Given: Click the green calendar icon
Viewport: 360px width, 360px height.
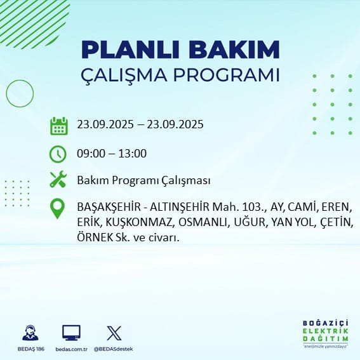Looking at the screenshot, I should click(x=58, y=126).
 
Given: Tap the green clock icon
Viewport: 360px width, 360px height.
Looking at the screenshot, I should click(x=58, y=154).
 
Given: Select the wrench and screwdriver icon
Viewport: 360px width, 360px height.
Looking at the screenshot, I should click(x=58, y=180).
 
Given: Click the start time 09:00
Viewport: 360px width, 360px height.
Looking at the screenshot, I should click(x=90, y=154).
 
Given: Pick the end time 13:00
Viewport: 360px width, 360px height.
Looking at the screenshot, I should click(x=133, y=154).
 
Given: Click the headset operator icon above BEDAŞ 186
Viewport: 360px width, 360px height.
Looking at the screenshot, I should click(x=30, y=333).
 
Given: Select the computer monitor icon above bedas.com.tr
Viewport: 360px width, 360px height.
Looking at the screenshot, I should click(x=71, y=333).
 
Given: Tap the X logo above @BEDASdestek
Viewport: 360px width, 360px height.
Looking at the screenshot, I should click(x=114, y=333).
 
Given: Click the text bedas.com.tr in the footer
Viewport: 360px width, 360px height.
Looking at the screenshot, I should click(x=71, y=349).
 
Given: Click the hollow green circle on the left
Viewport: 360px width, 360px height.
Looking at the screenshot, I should click(x=20, y=93).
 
